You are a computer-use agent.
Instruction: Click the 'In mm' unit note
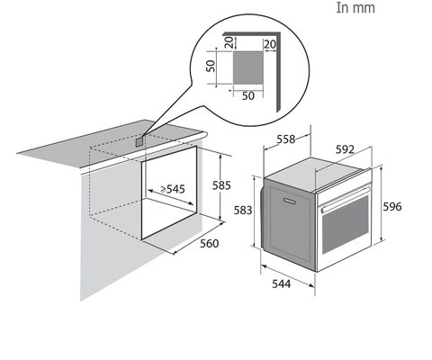(x=355, y=8)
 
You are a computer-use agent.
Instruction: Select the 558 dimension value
(x=285, y=139)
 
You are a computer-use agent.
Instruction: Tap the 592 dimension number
(x=345, y=149)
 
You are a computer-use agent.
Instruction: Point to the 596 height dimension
(x=392, y=207)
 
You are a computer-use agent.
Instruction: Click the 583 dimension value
(x=243, y=211)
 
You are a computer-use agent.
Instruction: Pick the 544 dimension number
(x=282, y=283)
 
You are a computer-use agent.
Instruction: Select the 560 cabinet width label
(x=210, y=244)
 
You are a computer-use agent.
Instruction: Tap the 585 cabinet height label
(x=221, y=185)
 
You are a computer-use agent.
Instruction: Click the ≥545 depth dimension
(x=173, y=189)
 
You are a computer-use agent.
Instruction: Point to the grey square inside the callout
(x=248, y=67)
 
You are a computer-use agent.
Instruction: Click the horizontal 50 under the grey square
(x=248, y=96)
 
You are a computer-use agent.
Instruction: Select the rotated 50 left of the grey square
(x=211, y=66)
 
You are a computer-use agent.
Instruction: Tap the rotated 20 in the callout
(x=229, y=42)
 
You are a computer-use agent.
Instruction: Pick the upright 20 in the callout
(x=270, y=44)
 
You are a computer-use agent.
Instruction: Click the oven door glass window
(x=346, y=225)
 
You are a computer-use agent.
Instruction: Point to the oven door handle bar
(x=346, y=199)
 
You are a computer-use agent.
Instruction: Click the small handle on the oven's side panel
(x=290, y=201)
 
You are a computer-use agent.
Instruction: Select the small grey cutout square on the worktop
(x=139, y=141)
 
